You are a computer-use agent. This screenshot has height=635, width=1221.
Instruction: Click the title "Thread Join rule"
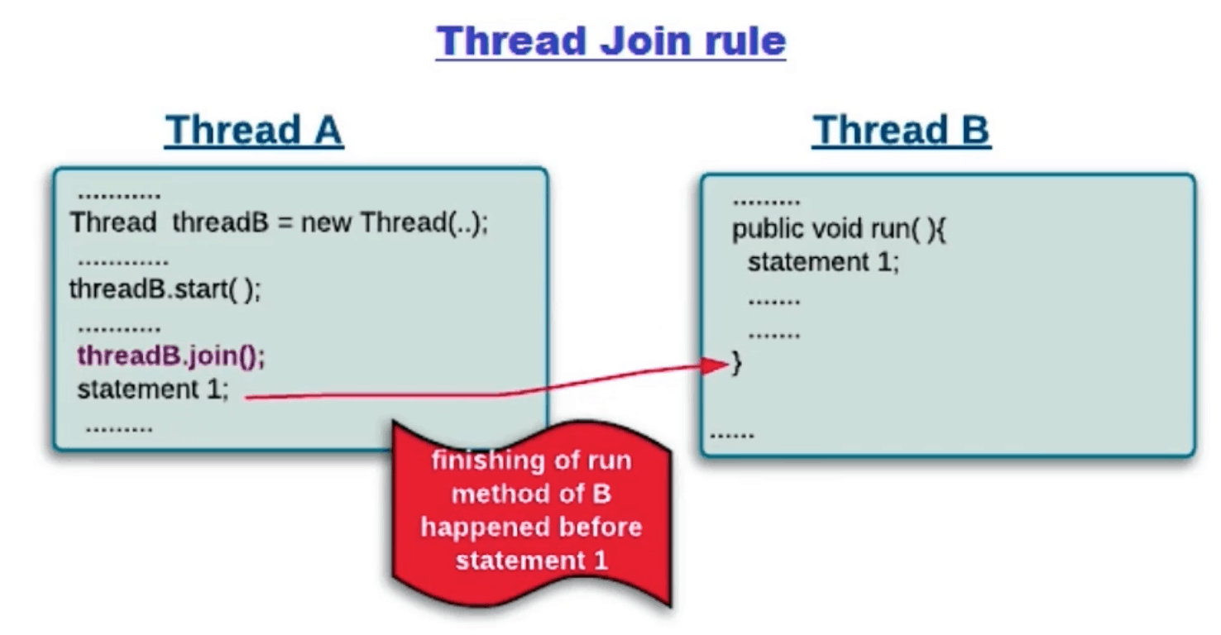[x=610, y=41]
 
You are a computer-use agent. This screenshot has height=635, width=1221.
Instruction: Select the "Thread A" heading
[x=254, y=131]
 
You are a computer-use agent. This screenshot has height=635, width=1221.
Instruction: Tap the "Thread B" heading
[x=901, y=131]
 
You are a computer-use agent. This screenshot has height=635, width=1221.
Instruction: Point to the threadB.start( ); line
[x=165, y=290]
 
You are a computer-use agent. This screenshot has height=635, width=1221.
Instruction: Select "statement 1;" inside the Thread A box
[x=152, y=389]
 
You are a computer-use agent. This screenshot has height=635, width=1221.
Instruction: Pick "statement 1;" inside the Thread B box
[x=823, y=262]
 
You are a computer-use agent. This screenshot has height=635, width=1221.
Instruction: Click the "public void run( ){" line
[x=838, y=229]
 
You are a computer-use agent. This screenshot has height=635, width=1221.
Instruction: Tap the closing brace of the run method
[x=736, y=364]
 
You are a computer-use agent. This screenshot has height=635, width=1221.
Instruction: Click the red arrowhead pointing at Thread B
[x=713, y=365]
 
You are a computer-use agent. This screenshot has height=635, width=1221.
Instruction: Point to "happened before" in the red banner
[x=531, y=528]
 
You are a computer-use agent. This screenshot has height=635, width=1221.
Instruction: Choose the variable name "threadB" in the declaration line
[x=220, y=223]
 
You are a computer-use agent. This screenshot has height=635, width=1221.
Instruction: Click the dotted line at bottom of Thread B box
[x=732, y=434]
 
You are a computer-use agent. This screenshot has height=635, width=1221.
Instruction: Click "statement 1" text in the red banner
[x=531, y=561]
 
